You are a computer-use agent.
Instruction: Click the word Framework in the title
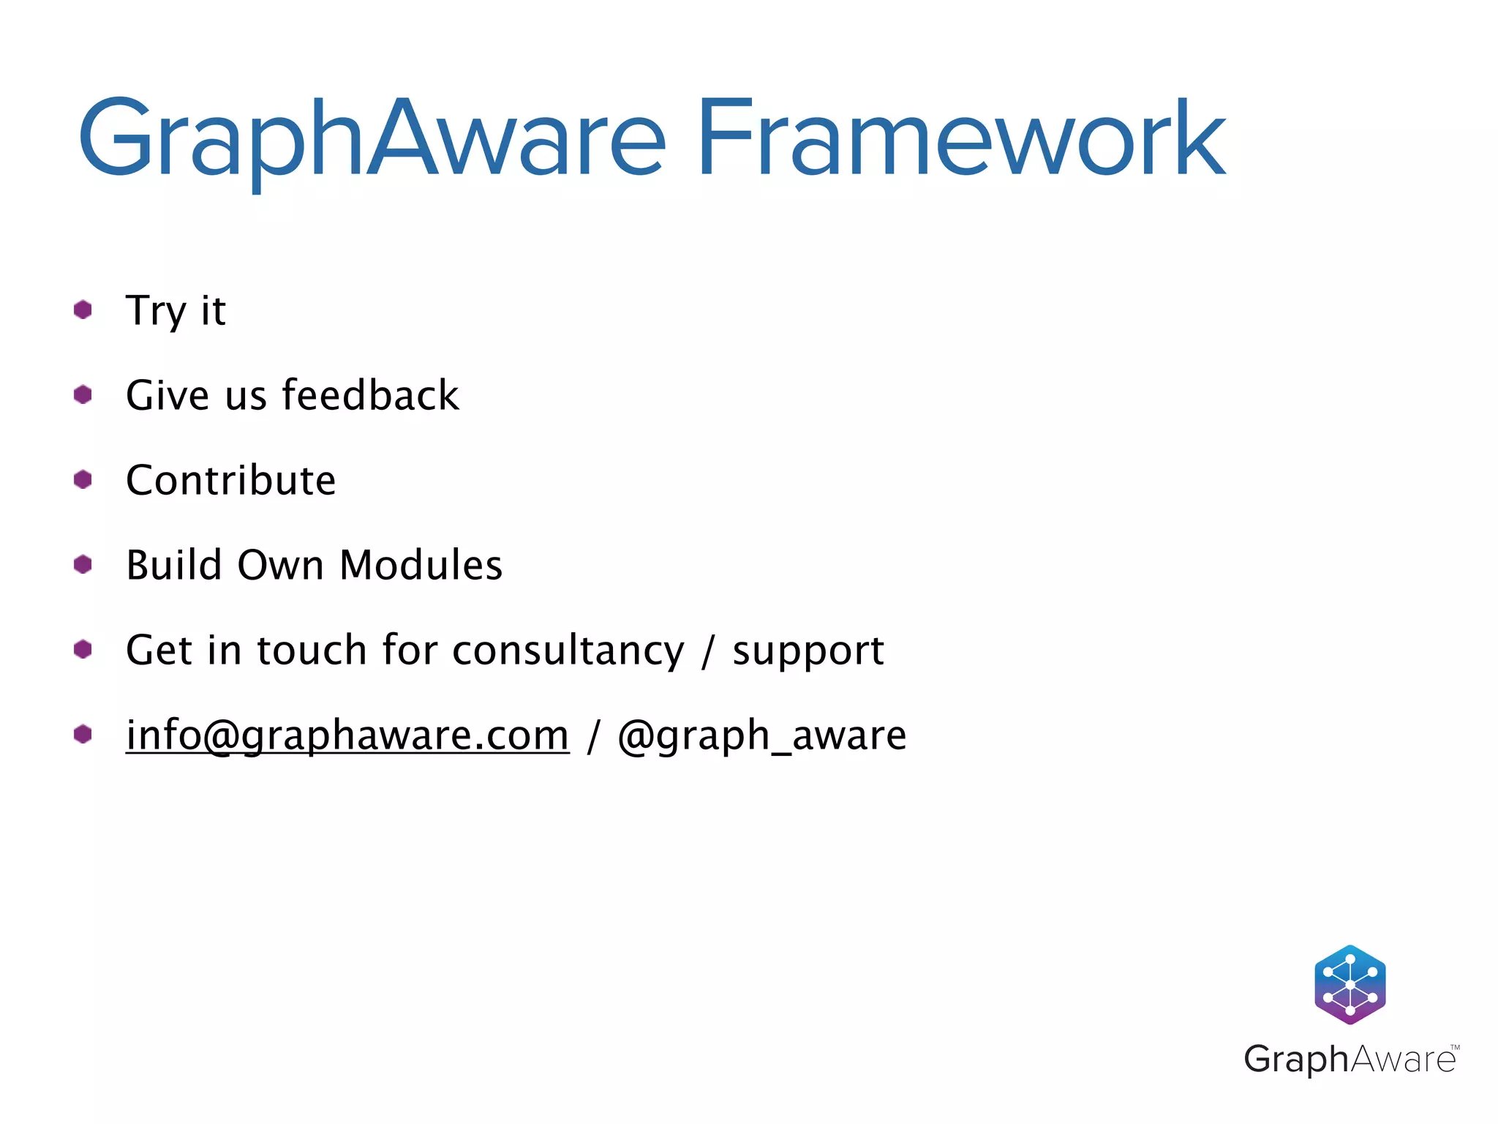[960, 139]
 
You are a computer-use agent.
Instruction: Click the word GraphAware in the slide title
[372, 139]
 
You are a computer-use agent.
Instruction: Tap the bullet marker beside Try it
[83, 310]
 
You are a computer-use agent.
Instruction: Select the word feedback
[370, 395]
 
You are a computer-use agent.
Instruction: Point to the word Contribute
[230, 481]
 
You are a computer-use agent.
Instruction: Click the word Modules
[421, 565]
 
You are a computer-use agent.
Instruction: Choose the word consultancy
[568, 651]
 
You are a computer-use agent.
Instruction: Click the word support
[808, 651]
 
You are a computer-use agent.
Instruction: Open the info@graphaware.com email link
[347, 735]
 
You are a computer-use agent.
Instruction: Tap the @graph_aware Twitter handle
[761, 735]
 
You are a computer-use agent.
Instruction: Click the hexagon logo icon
[1350, 984]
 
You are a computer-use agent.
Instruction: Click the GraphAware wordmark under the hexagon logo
[1350, 1059]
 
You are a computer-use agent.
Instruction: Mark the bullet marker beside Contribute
[83, 479]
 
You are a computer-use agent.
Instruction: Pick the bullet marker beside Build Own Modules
[83, 564]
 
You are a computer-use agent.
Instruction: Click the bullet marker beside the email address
[83, 734]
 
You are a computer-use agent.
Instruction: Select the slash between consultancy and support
[707, 651]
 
